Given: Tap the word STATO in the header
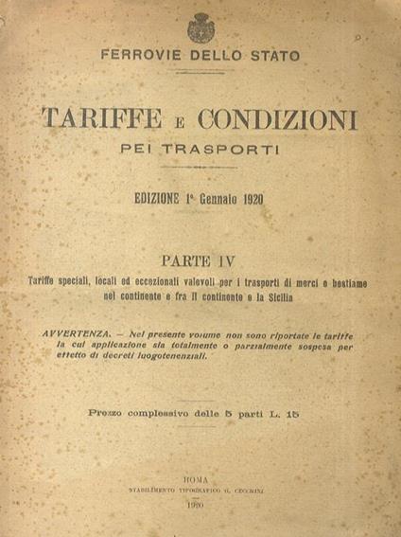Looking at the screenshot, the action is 275,57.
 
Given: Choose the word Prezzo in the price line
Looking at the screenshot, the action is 109,414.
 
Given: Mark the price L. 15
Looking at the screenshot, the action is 295,414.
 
